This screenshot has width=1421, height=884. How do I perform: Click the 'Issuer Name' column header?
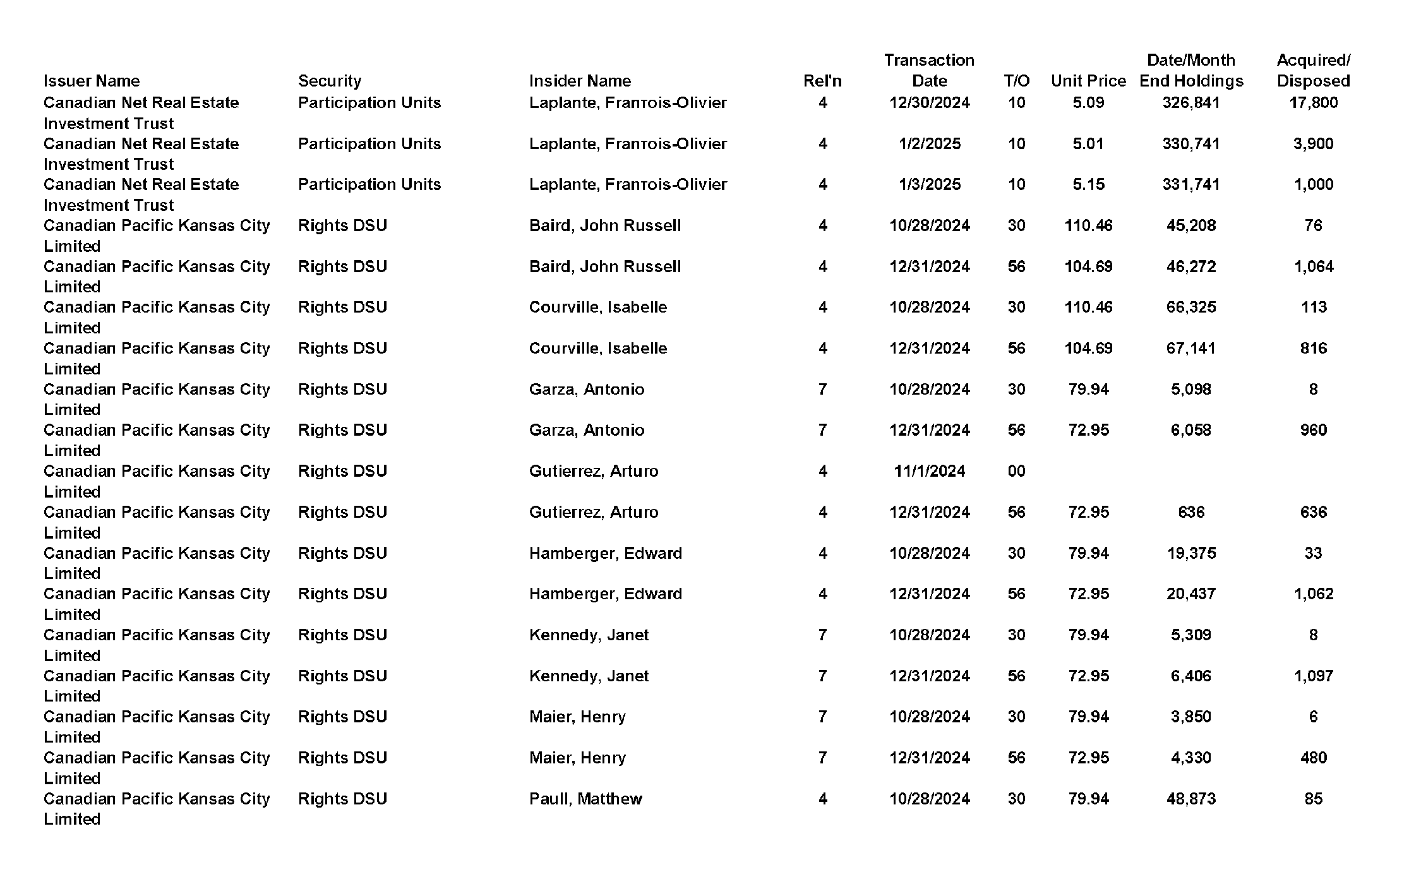pos(92,81)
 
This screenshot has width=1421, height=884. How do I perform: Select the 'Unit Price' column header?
pos(1088,81)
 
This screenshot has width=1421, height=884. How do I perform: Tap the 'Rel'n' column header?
pos(822,81)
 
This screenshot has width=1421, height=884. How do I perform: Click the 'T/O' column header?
pos(1016,81)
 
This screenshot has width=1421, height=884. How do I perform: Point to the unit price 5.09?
pos(1088,102)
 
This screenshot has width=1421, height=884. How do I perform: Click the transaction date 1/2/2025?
pos(929,143)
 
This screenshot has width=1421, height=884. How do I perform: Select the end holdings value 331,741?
pos(1190,184)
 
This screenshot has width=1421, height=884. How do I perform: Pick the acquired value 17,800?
pos(1313,102)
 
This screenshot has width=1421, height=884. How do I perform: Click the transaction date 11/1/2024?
pos(929,471)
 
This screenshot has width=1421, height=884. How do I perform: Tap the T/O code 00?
pos(1016,471)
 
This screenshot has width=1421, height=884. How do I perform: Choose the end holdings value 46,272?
pos(1190,266)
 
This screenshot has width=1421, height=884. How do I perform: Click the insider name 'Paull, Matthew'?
pos(585,799)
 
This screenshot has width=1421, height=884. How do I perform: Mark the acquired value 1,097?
pos(1313,676)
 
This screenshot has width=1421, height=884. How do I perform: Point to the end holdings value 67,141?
pos(1190,348)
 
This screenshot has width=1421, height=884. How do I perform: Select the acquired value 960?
pos(1313,430)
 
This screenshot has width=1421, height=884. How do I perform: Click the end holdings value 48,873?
pos(1190,799)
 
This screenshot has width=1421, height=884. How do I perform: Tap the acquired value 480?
pos(1313,758)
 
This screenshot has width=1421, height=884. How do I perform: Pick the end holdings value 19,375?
pos(1190,553)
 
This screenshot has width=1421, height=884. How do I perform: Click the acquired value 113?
pos(1313,307)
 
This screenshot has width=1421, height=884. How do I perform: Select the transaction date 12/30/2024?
pos(929,102)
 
